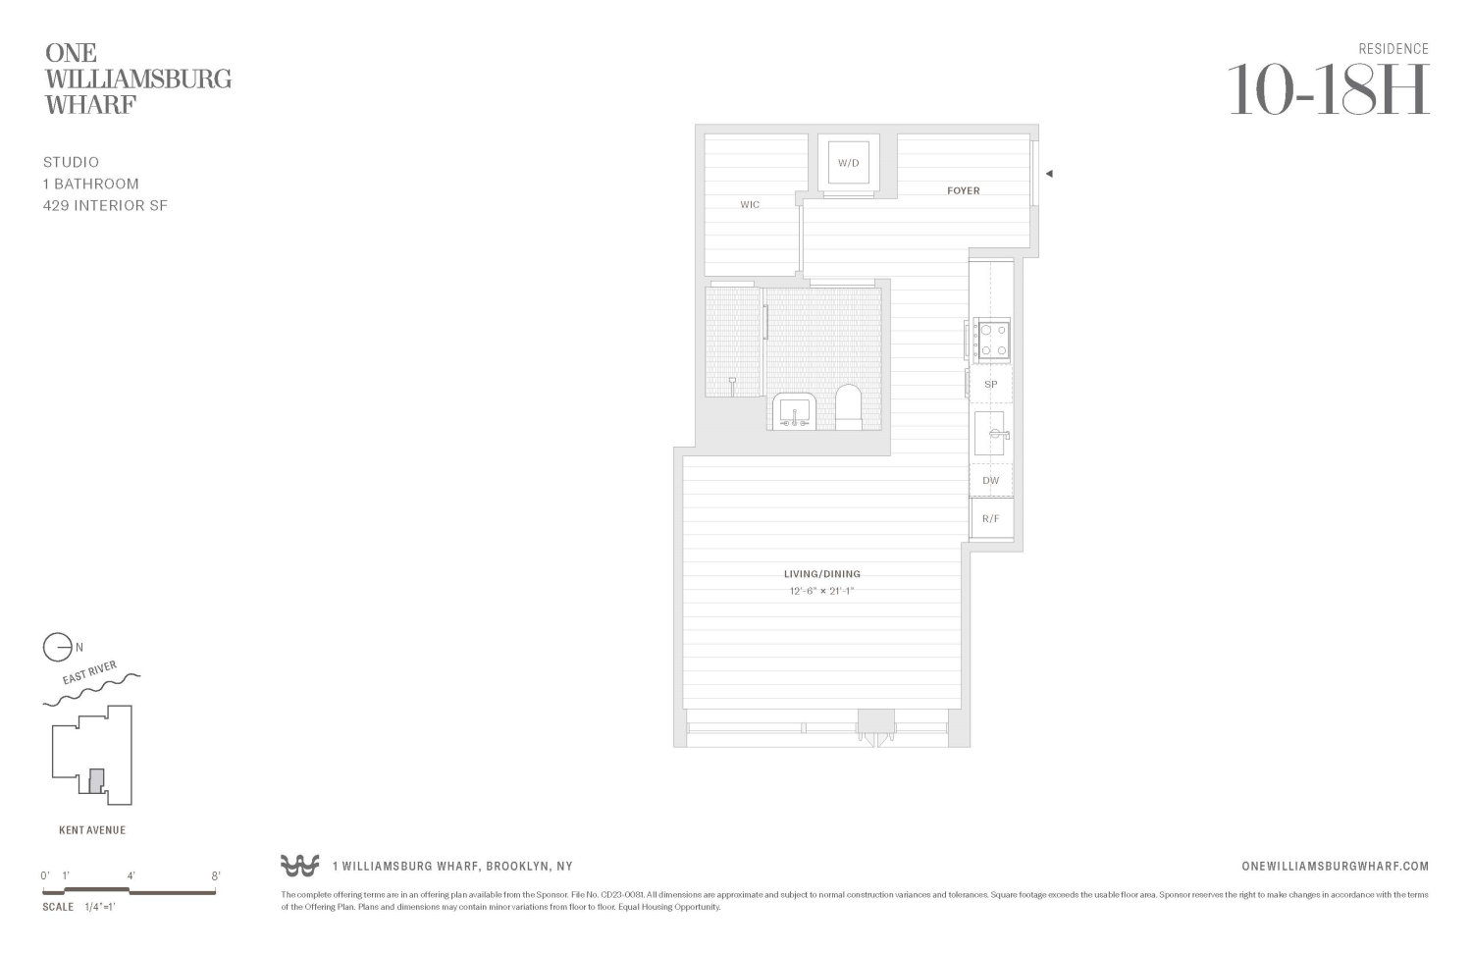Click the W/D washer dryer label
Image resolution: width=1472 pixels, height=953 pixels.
(848, 163)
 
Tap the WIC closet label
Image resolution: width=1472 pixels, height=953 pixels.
(750, 205)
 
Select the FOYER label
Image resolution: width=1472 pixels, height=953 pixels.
(963, 190)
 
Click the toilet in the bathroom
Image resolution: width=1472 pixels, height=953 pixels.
(848, 407)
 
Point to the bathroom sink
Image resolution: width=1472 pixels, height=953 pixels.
(793, 411)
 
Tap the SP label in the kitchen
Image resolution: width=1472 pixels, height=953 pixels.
(990, 385)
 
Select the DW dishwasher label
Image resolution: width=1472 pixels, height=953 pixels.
(990, 481)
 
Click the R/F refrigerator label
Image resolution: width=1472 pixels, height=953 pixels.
(990, 518)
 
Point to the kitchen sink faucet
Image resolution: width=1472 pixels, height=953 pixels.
(1001, 434)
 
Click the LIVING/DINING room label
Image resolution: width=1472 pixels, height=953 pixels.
(821, 574)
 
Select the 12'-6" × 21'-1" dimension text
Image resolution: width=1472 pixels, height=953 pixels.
(821, 592)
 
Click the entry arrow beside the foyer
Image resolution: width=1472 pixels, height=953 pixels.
(1049, 174)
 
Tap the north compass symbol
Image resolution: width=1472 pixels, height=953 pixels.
(57, 648)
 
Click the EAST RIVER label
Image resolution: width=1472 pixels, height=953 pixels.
(89, 673)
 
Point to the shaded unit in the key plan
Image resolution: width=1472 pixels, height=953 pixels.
(95, 781)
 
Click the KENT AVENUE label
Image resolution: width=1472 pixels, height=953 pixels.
(92, 830)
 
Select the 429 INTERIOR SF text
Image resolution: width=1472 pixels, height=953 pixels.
(105, 206)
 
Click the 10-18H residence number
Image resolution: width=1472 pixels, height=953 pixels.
(1328, 90)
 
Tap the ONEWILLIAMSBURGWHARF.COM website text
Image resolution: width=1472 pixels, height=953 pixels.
(1335, 866)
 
